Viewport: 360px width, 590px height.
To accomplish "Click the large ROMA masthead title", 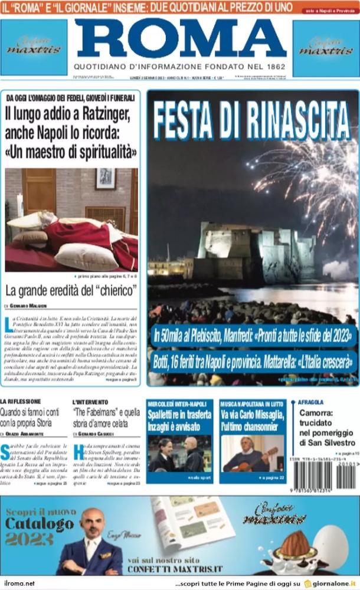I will (180, 39).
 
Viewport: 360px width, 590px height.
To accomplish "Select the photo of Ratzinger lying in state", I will (71, 219).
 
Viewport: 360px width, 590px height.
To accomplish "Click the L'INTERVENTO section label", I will (90, 402).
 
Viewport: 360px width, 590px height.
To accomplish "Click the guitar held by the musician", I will (260, 458).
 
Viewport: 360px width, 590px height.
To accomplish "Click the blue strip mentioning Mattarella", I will (254, 360).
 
